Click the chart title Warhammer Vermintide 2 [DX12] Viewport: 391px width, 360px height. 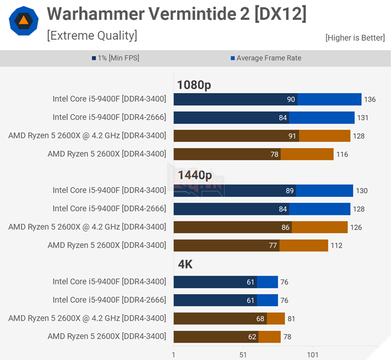pyautogui.click(x=176, y=14)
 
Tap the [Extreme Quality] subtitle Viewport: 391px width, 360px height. pyautogui.click(x=92, y=35)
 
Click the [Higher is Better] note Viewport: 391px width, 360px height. pyautogui.click(x=354, y=38)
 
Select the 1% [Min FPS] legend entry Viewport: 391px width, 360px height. pyautogui.click(x=118, y=58)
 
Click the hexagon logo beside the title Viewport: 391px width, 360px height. pyautogui.click(x=24, y=22)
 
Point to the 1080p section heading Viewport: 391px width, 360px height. pyautogui.click(x=194, y=85)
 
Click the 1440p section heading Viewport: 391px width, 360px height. pyautogui.click(x=194, y=176)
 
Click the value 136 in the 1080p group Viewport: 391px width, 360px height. pyautogui.click(x=370, y=99)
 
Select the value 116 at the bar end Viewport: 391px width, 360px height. pyautogui.click(x=342, y=155)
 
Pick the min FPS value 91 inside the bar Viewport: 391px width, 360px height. pyautogui.click(x=292, y=136)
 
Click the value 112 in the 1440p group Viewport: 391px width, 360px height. pyautogui.click(x=336, y=246)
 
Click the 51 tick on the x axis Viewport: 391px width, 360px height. pyautogui.click(x=243, y=354)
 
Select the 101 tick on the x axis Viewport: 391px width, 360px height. pyautogui.click(x=312, y=354)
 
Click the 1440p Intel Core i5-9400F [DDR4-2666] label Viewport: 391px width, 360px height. pyautogui.click(x=109, y=209)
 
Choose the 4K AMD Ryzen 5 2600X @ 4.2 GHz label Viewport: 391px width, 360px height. pyautogui.click(x=87, y=318)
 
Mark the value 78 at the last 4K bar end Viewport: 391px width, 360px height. pyautogui.click(x=287, y=337)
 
